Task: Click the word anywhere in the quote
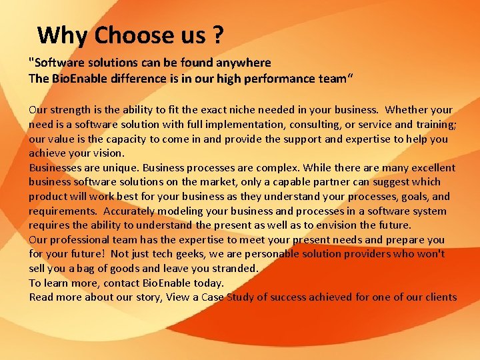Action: pyautogui.click(x=241, y=63)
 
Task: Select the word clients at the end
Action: pyautogui.click(x=439, y=297)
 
